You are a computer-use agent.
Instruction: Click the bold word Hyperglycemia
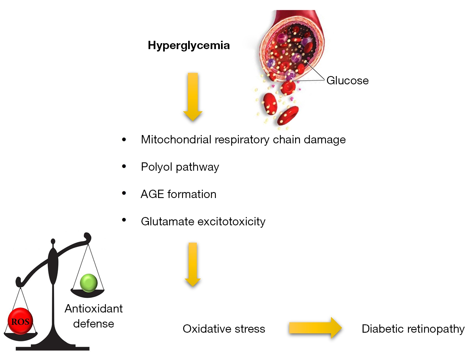click(189, 46)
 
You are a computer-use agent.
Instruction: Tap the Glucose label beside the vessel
click(347, 81)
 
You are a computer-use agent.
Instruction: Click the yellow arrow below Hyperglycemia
click(192, 96)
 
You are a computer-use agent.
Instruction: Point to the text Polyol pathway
click(180, 167)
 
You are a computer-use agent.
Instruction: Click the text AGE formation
click(179, 194)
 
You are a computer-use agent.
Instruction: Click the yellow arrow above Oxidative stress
click(192, 264)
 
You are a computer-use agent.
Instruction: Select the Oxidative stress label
click(224, 329)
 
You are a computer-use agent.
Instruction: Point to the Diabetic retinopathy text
click(413, 329)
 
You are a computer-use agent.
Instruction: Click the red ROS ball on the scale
click(20, 321)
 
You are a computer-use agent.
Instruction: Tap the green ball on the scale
click(88, 283)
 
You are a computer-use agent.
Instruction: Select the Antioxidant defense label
click(94, 316)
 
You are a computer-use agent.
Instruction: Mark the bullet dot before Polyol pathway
click(125, 167)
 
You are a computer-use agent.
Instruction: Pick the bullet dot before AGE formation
click(125, 194)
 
